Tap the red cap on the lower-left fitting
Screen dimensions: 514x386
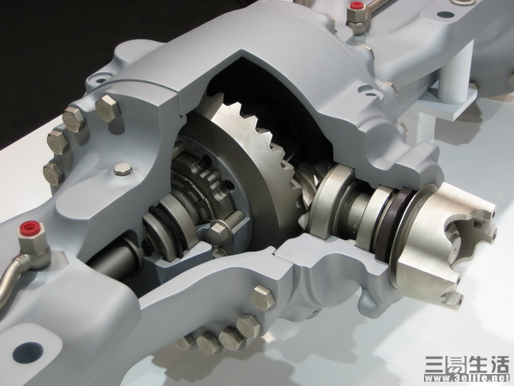click(x=31, y=228)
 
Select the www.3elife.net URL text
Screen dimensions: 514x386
click(x=467, y=377)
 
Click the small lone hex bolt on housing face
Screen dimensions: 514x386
click(x=123, y=169)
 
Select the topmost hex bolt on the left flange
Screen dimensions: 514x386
click(x=108, y=108)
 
